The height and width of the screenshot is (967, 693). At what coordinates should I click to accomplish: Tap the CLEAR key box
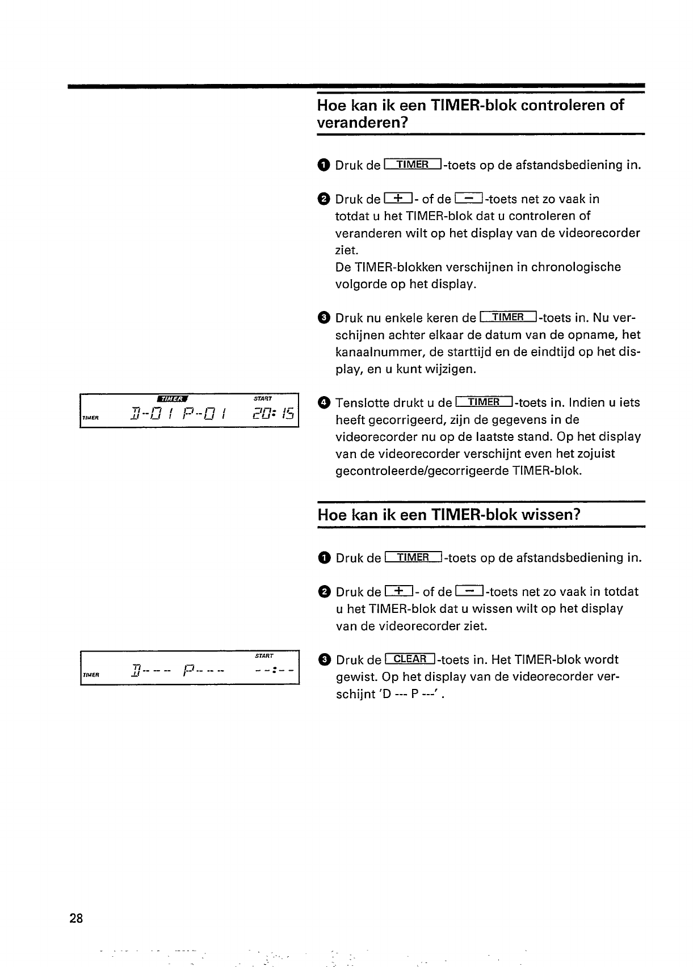410,659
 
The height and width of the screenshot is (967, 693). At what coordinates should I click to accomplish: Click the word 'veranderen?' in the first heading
363,123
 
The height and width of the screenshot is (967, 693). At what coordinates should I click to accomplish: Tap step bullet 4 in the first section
324,403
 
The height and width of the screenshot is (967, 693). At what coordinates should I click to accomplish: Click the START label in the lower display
264,656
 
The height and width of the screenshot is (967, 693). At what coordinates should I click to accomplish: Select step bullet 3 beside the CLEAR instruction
324,659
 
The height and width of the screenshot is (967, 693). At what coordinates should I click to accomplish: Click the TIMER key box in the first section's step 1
413,165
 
